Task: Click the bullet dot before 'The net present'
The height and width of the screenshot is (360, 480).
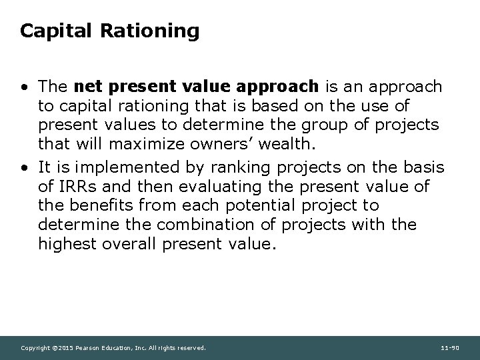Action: [25, 87]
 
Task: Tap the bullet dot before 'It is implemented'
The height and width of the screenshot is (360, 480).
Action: [25, 167]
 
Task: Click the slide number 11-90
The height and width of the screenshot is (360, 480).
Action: [450, 348]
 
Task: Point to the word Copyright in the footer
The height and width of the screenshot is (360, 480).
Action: [35, 348]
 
